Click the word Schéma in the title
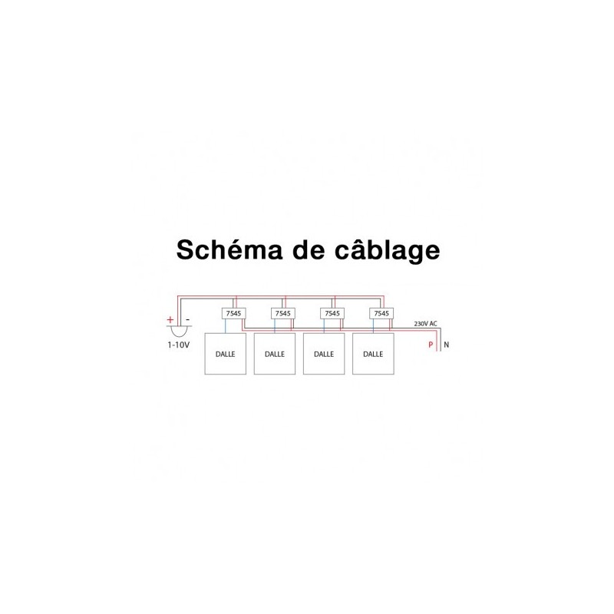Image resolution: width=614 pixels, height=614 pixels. [x=229, y=249]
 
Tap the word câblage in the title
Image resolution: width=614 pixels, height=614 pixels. [x=388, y=251]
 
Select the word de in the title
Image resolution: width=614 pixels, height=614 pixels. [x=309, y=250]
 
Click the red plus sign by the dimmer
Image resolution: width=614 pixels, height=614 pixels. [x=170, y=320]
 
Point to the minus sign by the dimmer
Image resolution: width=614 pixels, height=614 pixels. [x=187, y=320]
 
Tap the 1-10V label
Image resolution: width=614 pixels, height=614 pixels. [x=179, y=345]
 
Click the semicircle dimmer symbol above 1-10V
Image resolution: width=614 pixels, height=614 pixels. [x=179, y=332]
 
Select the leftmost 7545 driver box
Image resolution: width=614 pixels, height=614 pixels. [x=234, y=313]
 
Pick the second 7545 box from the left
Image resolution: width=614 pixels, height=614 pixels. [x=283, y=313]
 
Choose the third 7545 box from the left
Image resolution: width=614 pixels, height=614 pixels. [x=332, y=313]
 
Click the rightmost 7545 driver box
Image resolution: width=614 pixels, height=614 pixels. [x=381, y=313]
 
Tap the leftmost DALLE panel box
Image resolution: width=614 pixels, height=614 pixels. [x=226, y=354]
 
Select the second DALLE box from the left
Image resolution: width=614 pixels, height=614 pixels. [x=275, y=354]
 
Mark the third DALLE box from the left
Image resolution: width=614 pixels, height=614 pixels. [x=324, y=354]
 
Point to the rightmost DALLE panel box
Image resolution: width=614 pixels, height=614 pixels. [x=373, y=354]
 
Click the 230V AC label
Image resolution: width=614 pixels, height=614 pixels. [x=426, y=324]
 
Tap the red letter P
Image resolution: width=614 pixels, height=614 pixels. [x=431, y=345]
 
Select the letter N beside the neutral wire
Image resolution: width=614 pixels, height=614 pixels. [x=447, y=345]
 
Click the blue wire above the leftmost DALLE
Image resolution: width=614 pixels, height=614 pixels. [x=225, y=326]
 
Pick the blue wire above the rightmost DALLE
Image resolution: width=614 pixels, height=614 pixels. [x=373, y=326]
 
